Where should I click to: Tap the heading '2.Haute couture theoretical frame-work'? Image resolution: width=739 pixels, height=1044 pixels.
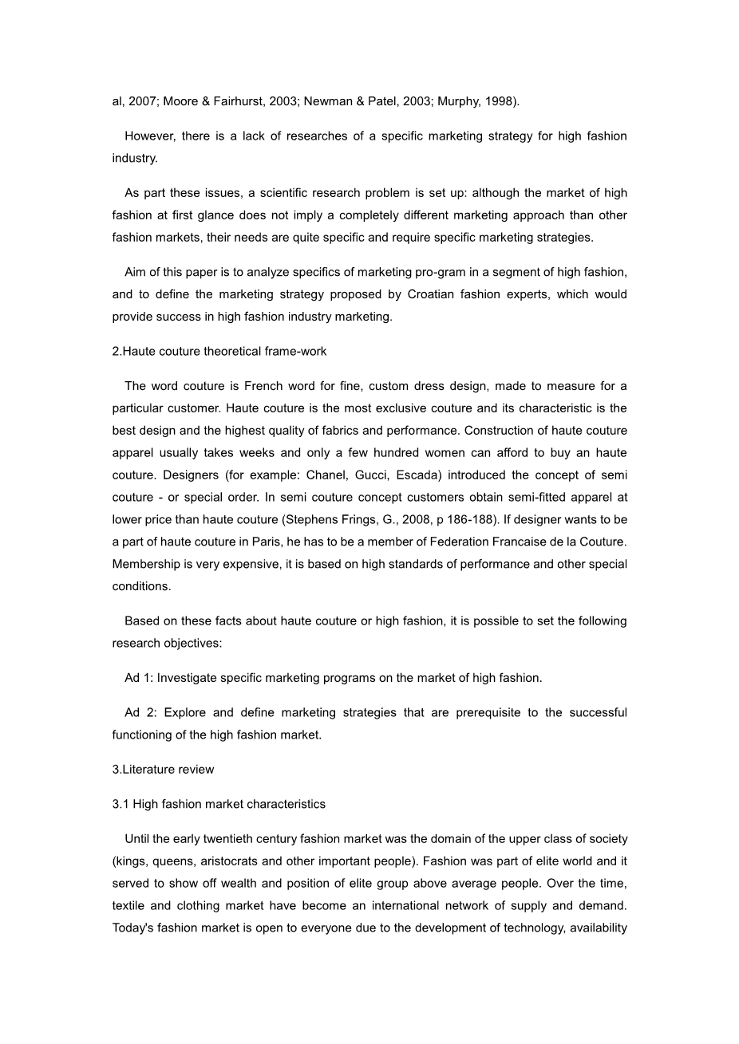pyautogui.click(x=219, y=351)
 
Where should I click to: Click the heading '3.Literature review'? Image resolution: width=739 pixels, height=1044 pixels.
pyautogui.click(x=164, y=770)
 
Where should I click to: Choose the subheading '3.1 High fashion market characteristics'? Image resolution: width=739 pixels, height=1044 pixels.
pyautogui.click(x=219, y=804)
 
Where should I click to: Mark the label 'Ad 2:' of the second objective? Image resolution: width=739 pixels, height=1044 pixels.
pyautogui.click(x=140, y=712)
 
